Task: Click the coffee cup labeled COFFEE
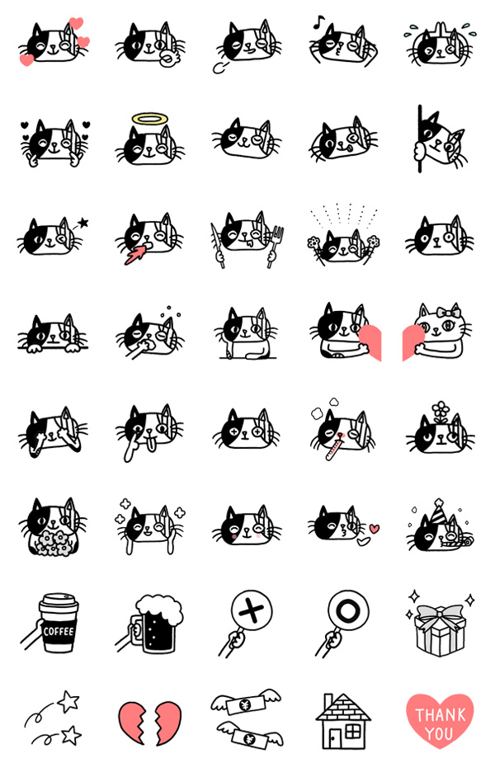59,623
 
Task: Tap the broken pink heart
150,723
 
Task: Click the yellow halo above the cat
150,120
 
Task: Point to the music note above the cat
318,21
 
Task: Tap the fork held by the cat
276,246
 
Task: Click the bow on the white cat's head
448,312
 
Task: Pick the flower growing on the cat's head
441,412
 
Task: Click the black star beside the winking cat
83,223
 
